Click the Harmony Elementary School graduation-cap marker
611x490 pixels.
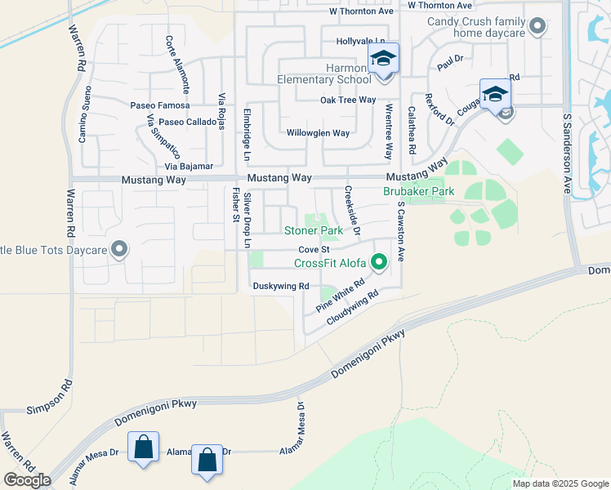[x=382, y=60]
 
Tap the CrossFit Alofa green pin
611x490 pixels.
[x=378, y=262]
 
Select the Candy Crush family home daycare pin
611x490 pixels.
[x=537, y=27]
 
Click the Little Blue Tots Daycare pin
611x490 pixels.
[x=120, y=249]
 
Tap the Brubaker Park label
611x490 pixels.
[x=419, y=190]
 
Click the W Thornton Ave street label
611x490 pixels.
[x=361, y=11]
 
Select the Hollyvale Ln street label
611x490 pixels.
[x=360, y=41]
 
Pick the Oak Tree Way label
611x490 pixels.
[x=348, y=100]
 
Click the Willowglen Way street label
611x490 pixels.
[x=318, y=132]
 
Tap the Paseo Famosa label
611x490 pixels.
[x=160, y=105]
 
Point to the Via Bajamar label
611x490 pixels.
[x=189, y=166]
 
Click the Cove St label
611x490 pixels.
[x=313, y=249]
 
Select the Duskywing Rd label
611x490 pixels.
[x=280, y=286]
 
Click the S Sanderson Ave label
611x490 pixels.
[x=565, y=153]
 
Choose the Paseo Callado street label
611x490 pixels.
[x=188, y=122]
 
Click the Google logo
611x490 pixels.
[x=27, y=480]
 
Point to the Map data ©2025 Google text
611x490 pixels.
[x=560, y=483]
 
